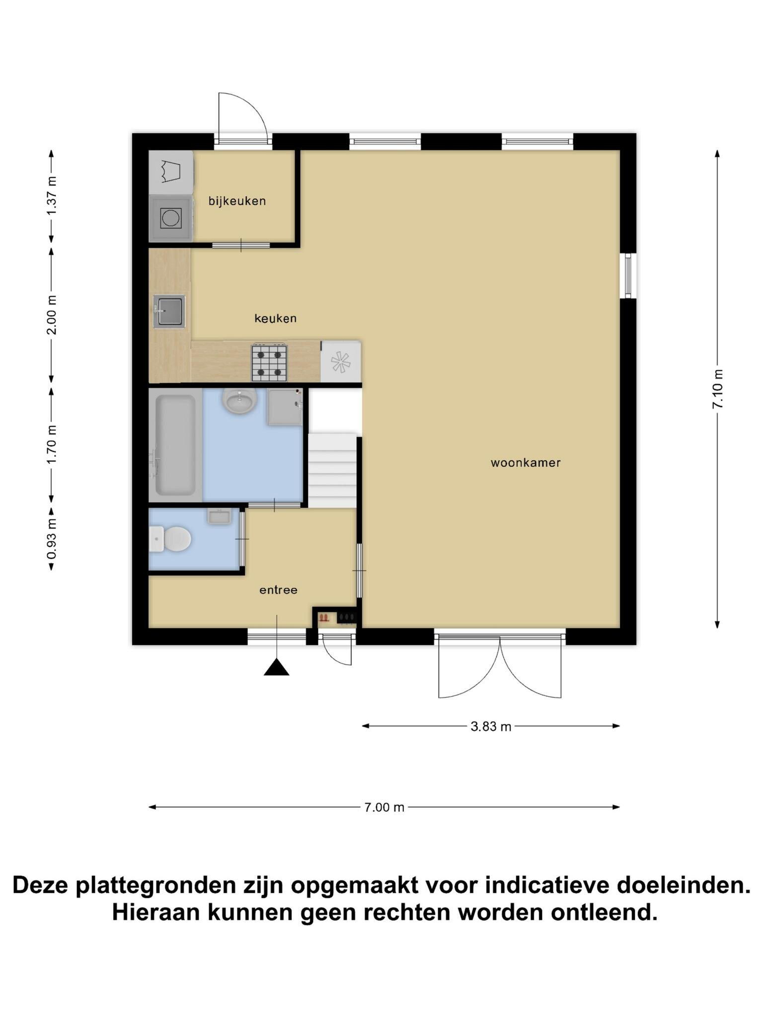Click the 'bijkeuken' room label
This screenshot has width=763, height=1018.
pos(237,201)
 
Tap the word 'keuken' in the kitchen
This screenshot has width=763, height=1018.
pos(275,318)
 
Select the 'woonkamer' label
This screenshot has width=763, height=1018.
pos(526,463)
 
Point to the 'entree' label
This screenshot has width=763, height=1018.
pos(278,590)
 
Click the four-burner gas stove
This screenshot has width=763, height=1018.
pos(269,362)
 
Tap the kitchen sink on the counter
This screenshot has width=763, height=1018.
pos(169,312)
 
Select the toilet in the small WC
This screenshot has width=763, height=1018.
pos(170,539)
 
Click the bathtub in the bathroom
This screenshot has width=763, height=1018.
pos(175,445)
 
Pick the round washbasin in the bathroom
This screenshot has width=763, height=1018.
pos(239,400)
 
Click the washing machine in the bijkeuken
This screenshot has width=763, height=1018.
pos(171,218)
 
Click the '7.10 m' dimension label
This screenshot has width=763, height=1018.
pos(717,389)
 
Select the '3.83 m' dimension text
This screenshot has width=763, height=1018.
pos(491,726)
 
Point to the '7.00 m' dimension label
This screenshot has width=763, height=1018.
pos(384,807)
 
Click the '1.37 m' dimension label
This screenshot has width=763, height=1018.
pos(52,196)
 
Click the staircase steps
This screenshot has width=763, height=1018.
pos(332,470)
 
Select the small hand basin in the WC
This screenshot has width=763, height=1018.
pos(219,516)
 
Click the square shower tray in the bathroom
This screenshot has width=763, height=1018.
pos(285,407)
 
